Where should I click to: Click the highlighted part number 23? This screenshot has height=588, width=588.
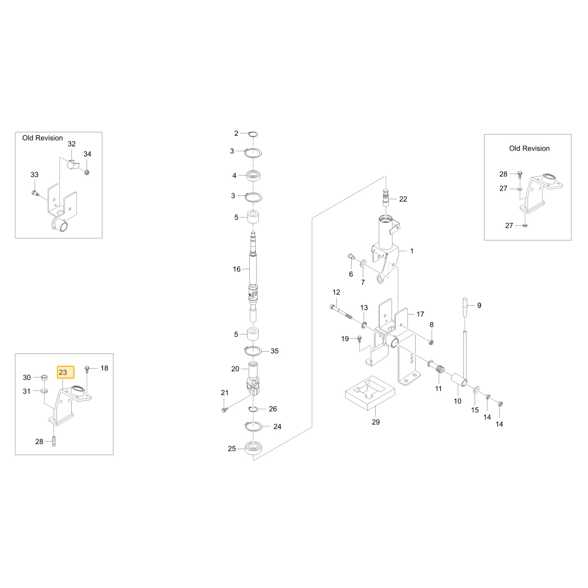coord(63,372)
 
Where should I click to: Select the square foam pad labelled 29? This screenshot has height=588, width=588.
coord(370,393)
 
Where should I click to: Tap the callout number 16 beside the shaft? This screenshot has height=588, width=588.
coord(236,269)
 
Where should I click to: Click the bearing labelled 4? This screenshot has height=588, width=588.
coord(254,176)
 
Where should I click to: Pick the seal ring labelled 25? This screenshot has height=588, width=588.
coord(254,449)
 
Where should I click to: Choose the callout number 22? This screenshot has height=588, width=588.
coord(403,199)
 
